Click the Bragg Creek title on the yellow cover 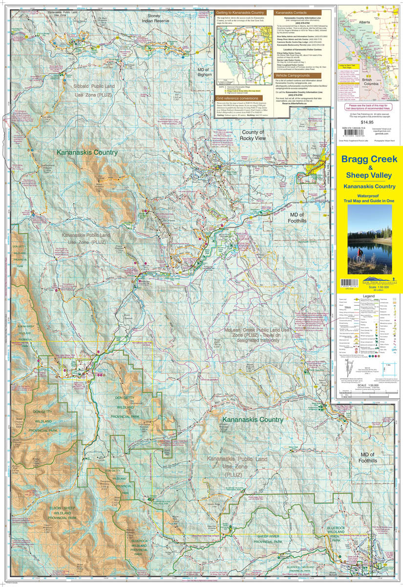coord(369,160)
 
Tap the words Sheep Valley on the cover coord(369,175)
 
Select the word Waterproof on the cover coord(369,195)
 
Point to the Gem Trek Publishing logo coord(369,280)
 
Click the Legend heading coord(369,296)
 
